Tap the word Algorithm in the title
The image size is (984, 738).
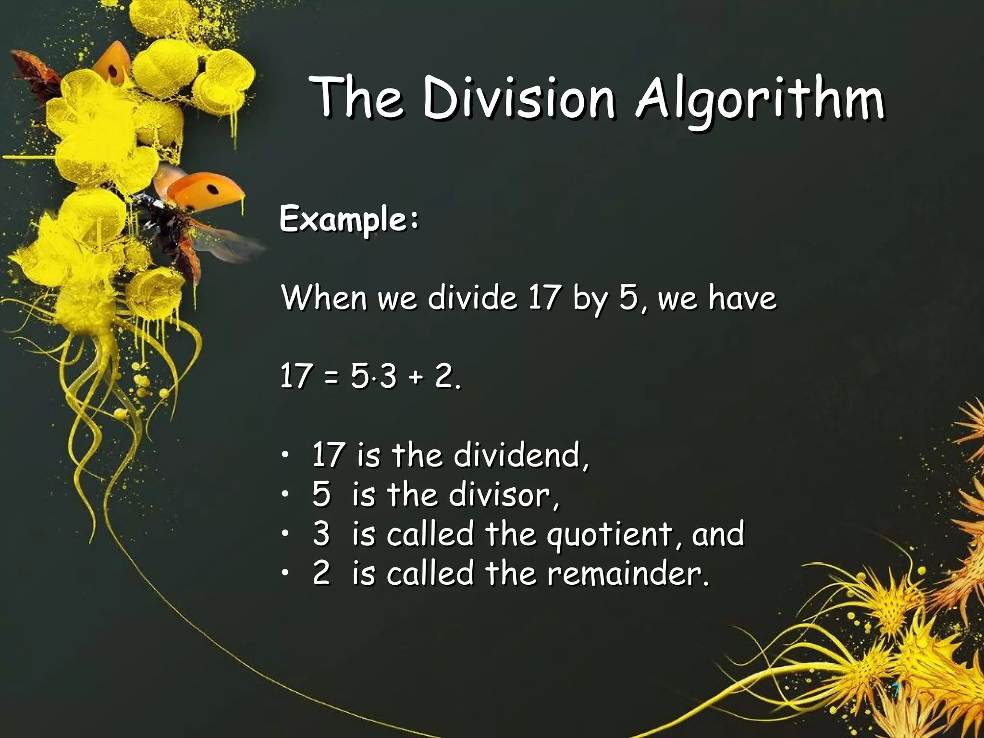click(759, 100)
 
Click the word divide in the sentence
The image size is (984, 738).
click(472, 297)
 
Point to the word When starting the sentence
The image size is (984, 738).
click(324, 297)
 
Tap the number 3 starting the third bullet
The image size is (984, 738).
click(321, 533)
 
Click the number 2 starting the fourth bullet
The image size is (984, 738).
click(321, 573)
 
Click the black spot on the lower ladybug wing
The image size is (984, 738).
click(212, 190)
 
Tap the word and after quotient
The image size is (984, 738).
click(718, 533)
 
